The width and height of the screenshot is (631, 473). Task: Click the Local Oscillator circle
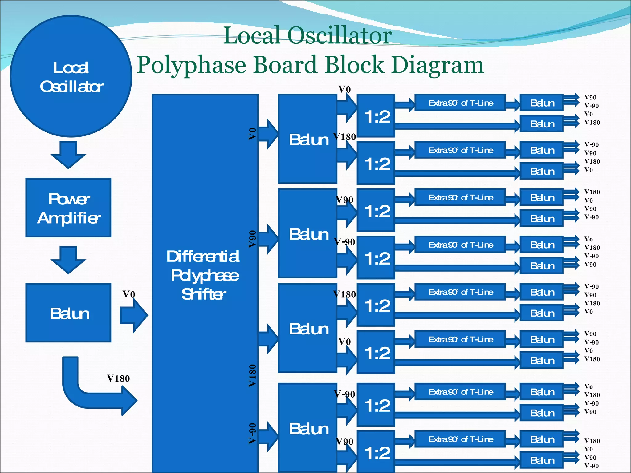coord(71,76)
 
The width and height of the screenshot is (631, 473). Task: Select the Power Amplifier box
coord(68,208)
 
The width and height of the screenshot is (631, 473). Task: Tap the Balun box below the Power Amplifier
coord(68,313)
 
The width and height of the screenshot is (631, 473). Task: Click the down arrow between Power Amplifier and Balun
coord(68,260)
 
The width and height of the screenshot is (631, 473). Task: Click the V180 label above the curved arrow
coord(118,378)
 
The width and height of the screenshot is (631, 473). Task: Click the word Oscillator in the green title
coord(340,35)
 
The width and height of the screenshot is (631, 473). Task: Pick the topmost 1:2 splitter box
coord(376,116)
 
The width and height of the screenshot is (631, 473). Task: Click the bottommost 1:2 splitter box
coord(376,452)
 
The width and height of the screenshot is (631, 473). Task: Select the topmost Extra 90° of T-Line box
coord(460,103)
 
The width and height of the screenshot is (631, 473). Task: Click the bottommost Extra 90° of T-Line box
coord(460,439)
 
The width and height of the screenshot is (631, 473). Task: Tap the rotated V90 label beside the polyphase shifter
coord(252,239)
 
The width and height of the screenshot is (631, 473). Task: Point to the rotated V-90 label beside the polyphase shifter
coord(252,434)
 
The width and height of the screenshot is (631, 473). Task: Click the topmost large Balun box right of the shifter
coord(307,139)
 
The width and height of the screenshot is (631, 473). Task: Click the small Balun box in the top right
coord(542,103)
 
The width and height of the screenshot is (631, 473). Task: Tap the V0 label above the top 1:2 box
coord(344,89)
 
